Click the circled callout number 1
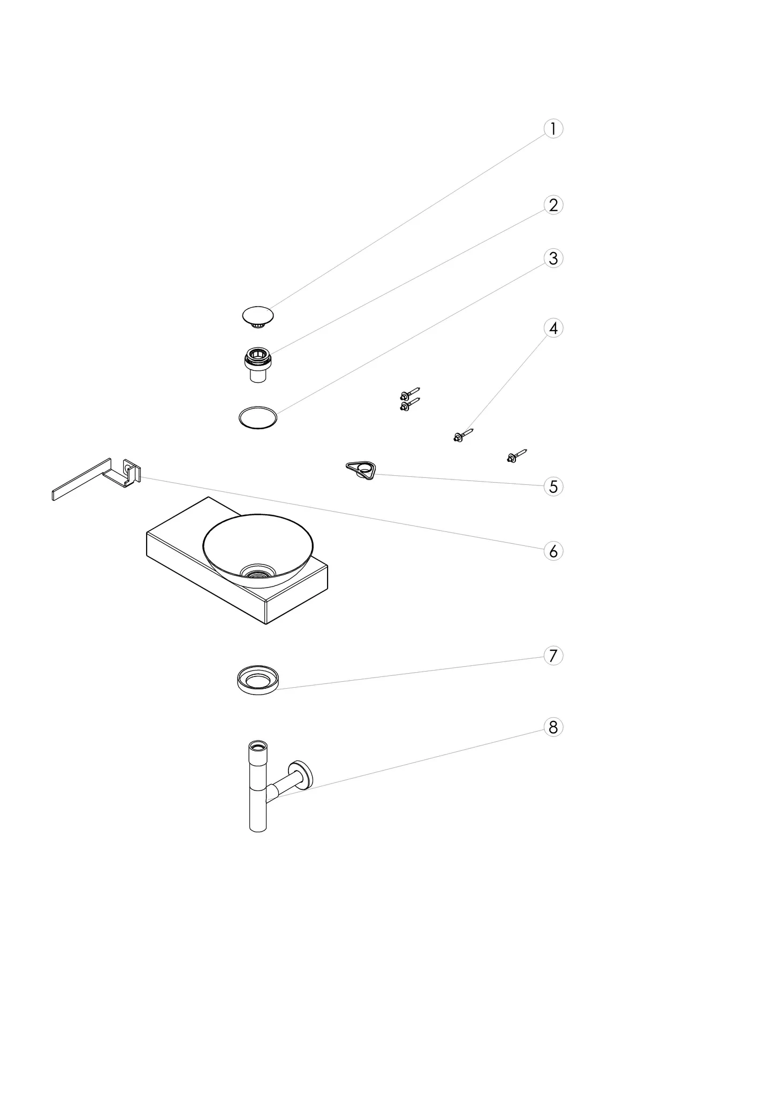coord(553,129)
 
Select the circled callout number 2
coord(553,205)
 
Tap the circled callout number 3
coord(553,258)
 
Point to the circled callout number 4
coord(553,328)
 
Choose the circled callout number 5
coord(553,486)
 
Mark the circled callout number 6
coord(553,551)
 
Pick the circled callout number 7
coord(553,656)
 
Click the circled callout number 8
coord(553,727)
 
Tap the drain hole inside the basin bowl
coord(258,572)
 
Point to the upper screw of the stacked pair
coord(410,393)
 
